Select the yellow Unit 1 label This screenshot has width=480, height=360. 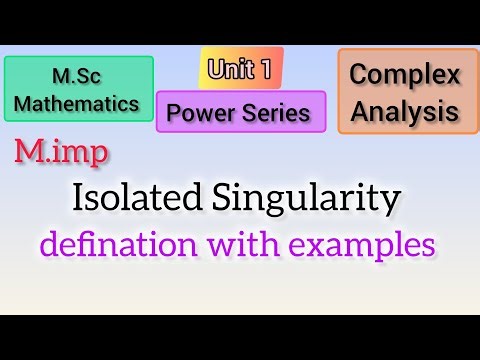(240, 68)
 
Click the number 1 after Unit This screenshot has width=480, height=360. (267, 68)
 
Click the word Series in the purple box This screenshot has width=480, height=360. (280, 113)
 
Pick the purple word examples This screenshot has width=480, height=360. (378, 244)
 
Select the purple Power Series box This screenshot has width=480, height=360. (241, 112)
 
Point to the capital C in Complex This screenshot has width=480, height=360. (358, 75)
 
